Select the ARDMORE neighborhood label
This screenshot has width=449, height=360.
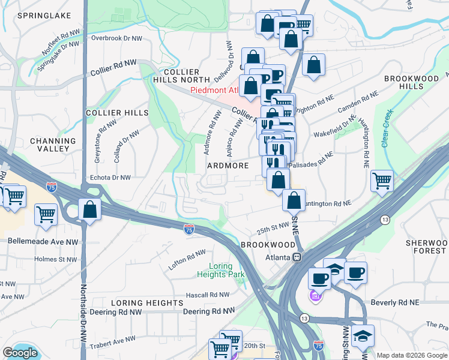(228, 165)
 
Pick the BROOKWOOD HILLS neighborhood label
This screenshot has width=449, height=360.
(412, 83)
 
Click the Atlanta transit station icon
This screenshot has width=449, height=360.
(297, 257)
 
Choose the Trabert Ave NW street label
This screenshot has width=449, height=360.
(113, 343)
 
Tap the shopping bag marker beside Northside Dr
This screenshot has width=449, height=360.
(89, 211)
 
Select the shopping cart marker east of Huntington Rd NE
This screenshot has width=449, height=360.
(381, 180)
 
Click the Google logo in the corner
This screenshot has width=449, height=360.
(20, 353)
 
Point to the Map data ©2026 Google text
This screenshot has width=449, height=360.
(411, 355)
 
